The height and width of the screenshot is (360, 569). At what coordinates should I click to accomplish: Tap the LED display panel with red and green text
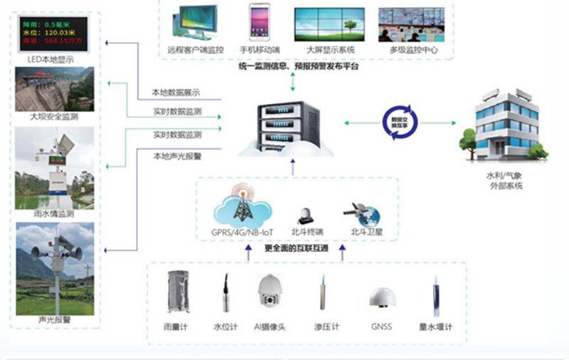click(x=54, y=33)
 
